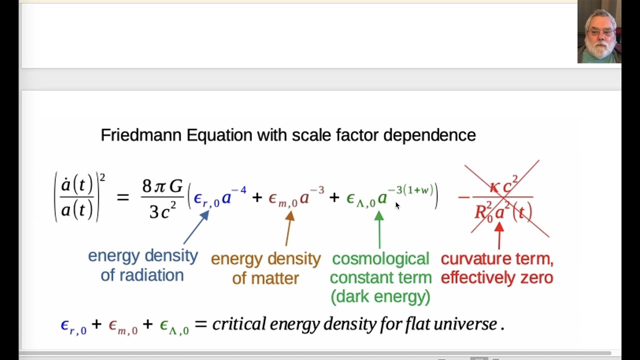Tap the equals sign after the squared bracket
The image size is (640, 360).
(x=122, y=197)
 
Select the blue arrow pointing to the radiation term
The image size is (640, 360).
(x=195, y=228)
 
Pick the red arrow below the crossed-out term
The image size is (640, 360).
(x=498, y=235)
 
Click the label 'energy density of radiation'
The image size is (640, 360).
(x=142, y=265)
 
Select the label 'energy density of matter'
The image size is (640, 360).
(x=265, y=268)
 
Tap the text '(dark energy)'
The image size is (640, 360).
(x=380, y=296)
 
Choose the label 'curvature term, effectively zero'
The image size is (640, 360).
(x=497, y=268)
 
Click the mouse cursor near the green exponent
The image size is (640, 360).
(x=397, y=205)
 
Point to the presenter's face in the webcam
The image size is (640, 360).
(x=599, y=35)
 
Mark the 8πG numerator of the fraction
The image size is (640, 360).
(x=162, y=186)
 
